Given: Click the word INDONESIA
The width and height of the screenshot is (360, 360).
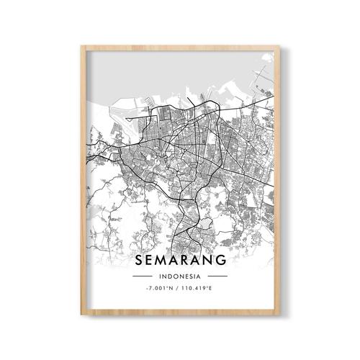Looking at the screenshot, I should [180, 276].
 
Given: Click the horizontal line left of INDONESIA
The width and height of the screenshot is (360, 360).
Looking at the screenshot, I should [143, 276].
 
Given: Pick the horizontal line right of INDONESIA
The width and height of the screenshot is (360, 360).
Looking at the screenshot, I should [217, 276].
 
